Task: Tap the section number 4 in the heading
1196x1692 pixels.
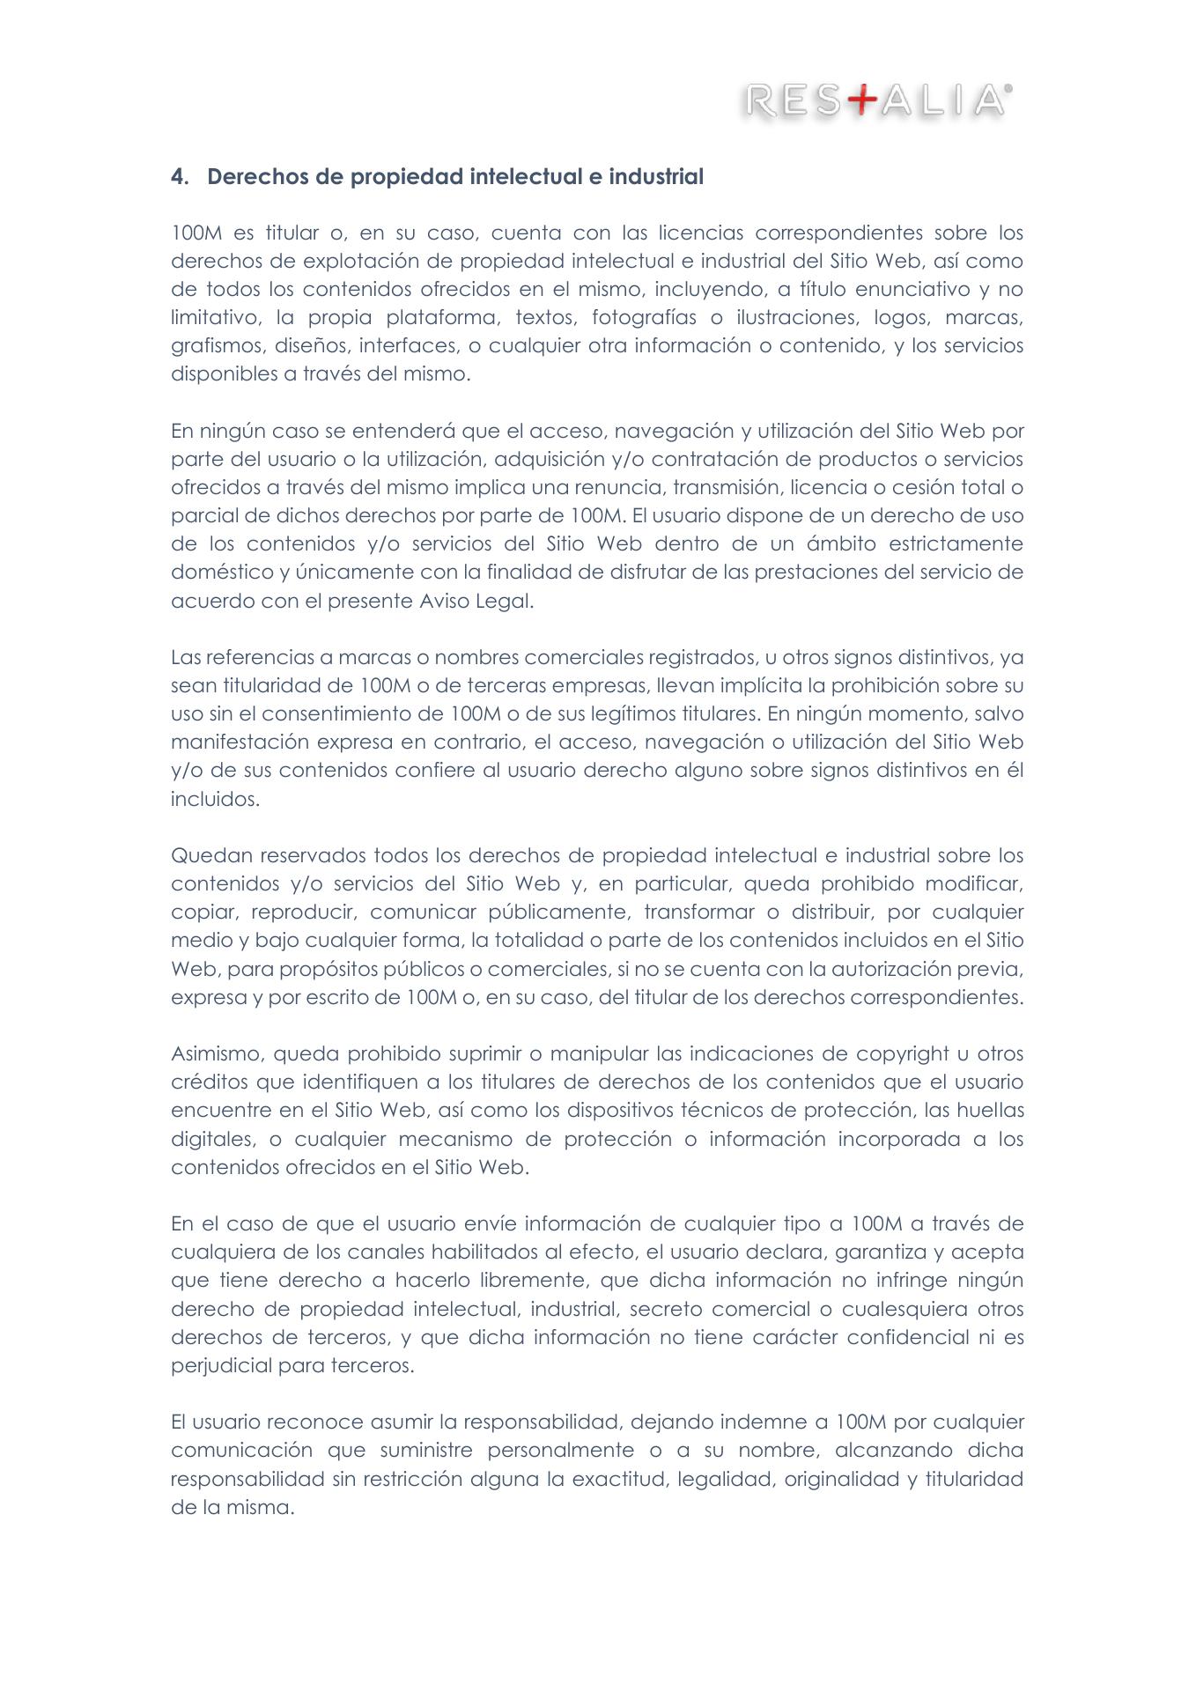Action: [177, 177]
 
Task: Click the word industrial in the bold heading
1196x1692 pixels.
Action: [656, 177]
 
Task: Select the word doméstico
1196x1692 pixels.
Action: [221, 572]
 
